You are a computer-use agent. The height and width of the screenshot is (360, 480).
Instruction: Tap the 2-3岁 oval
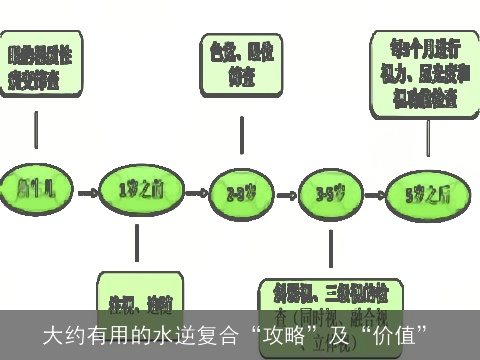click(239, 191)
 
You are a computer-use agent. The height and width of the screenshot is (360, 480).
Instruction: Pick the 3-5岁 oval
click(332, 191)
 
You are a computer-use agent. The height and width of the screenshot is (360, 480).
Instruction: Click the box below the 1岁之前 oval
click(140, 298)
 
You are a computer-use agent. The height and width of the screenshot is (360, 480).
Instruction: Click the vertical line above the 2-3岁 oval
click(241, 134)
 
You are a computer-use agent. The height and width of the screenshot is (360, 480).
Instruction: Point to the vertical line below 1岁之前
click(137, 245)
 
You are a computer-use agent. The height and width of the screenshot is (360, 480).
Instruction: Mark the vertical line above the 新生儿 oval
click(37, 130)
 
